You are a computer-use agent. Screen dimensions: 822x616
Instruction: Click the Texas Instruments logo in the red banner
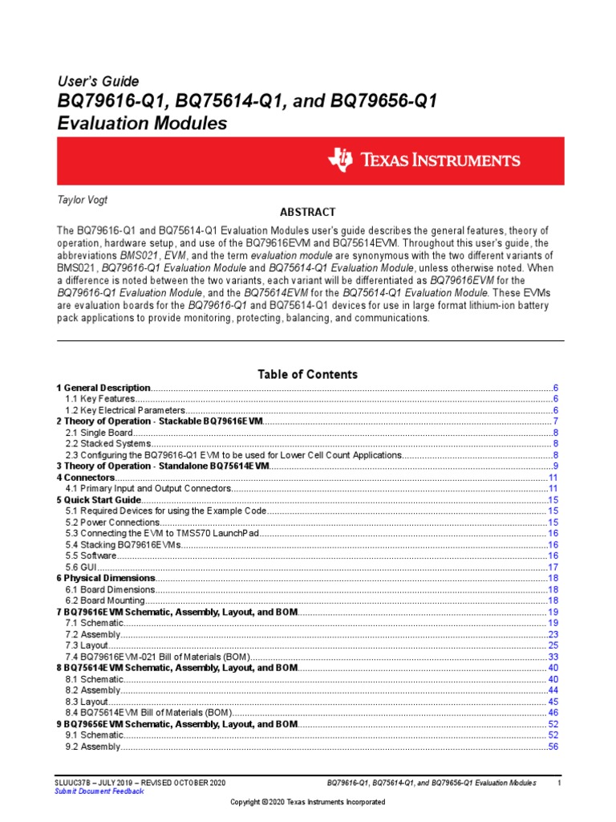(423, 160)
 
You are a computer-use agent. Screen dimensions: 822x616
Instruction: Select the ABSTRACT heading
(307, 212)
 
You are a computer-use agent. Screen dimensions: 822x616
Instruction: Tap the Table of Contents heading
(307, 374)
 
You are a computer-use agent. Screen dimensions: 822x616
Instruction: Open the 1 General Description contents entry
(103, 388)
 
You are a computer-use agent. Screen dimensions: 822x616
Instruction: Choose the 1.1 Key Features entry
(99, 399)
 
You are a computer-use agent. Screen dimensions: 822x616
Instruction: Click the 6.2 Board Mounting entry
(105, 600)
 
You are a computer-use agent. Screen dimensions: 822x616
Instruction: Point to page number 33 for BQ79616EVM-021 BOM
(553, 656)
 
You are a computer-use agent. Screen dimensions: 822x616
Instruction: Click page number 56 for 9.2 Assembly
(553, 746)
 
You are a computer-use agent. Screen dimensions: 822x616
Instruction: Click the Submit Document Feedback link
(99, 791)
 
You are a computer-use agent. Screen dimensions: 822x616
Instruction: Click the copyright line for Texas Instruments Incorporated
(307, 802)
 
